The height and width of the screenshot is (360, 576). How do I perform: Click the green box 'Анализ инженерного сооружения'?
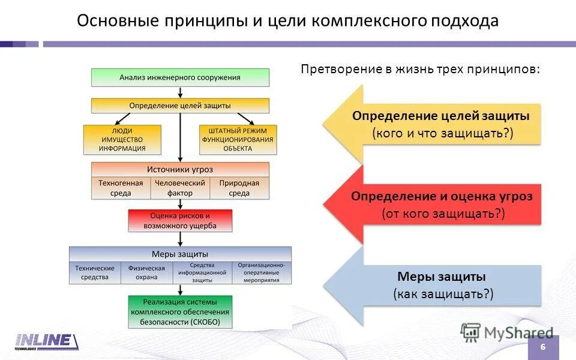pos(180,77)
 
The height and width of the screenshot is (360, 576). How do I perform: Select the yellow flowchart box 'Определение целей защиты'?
pos(180,106)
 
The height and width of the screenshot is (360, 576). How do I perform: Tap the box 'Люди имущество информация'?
pos(122,140)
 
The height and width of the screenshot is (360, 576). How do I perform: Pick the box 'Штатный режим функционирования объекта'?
pos(238,140)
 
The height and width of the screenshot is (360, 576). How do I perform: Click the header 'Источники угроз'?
pos(180,169)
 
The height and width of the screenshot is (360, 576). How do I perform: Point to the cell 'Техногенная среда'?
pos(121,188)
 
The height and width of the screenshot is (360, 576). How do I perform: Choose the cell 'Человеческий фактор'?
pos(180,188)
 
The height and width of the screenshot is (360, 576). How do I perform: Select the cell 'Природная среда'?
pos(239,188)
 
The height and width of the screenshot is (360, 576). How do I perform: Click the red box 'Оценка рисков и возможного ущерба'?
pos(180,221)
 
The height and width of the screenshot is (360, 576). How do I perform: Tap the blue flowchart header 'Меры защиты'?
pos(180,254)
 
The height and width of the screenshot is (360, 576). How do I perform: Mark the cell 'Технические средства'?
pos(95,273)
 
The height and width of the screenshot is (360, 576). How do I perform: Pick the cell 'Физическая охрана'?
pos(146,273)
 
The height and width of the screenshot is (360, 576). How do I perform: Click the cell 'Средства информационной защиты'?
pos(202,273)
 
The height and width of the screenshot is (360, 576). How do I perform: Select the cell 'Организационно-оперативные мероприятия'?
pos(261,273)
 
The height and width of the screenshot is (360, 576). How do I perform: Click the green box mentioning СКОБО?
pos(180,312)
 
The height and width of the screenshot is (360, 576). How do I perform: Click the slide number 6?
pos(543,348)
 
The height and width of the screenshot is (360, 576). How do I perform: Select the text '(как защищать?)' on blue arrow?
pos(443,293)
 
